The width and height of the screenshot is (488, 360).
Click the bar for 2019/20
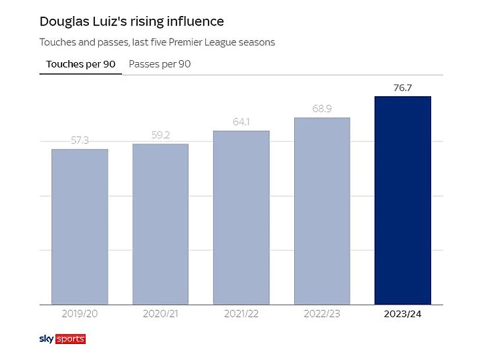pyautogui.click(x=80, y=226)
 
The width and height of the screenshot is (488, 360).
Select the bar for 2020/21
pyautogui.click(x=160, y=224)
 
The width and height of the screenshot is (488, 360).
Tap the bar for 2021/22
pyautogui.click(x=241, y=217)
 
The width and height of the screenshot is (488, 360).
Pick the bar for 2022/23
pyautogui.click(x=322, y=211)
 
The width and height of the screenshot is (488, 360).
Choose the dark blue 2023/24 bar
pyautogui.click(x=402, y=200)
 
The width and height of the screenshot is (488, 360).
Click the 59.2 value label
pyautogui.click(x=160, y=136)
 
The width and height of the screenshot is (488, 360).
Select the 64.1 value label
pyautogui.click(x=241, y=122)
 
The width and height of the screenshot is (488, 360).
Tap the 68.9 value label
pyautogui.click(x=322, y=109)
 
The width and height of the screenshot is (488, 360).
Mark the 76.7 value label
pyautogui.click(x=402, y=87)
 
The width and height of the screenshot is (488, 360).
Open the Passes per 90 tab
pyautogui.click(x=160, y=65)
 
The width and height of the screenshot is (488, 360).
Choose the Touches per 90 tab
pyautogui.click(x=80, y=65)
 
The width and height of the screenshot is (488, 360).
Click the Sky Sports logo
pyautogui.click(x=62, y=339)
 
